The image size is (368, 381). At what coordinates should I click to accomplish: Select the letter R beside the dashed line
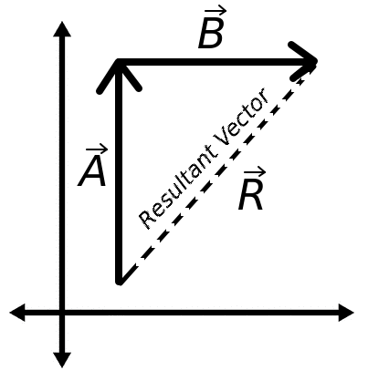pyautogui.click(x=250, y=197)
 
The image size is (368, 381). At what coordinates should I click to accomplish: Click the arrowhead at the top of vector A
pyautogui.click(x=119, y=68)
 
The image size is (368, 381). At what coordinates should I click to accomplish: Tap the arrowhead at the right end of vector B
pyautogui.click(x=309, y=62)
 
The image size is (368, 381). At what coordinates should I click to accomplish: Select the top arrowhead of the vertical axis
pyautogui.click(x=62, y=28)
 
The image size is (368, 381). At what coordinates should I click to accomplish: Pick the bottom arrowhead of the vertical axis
pyautogui.click(x=62, y=359)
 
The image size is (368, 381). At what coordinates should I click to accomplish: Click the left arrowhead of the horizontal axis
pyautogui.click(x=17, y=313)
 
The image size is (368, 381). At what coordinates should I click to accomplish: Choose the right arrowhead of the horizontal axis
pyautogui.click(x=346, y=313)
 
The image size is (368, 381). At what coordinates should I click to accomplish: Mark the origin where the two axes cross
pyautogui.click(x=62, y=313)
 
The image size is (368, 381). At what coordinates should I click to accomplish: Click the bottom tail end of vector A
pyautogui.click(x=119, y=281)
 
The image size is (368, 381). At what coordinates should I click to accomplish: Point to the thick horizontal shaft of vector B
pyautogui.click(x=210, y=62)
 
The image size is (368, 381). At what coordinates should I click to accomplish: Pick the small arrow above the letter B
pyautogui.click(x=214, y=12)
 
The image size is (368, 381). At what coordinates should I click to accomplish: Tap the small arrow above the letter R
pyautogui.click(x=253, y=172)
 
